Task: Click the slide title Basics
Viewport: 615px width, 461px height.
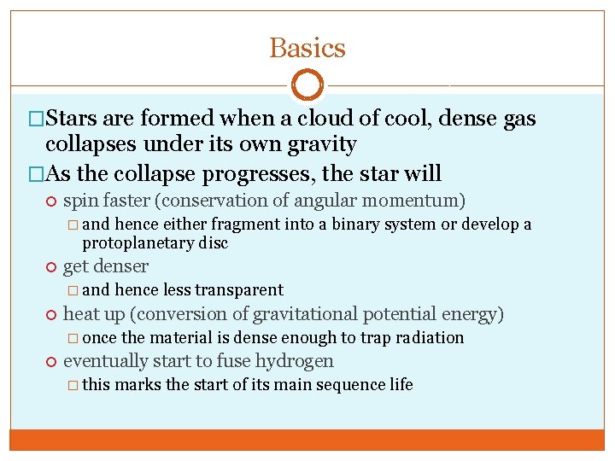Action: click(x=307, y=48)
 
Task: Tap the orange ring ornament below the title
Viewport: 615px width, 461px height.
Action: click(x=307, y=85)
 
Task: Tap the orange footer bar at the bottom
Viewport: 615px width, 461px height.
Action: click(x=307, y=440)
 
